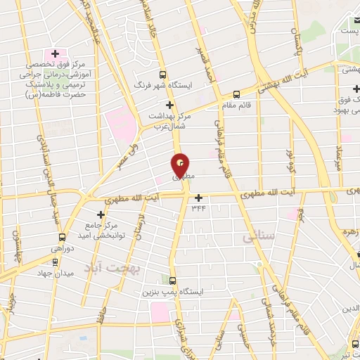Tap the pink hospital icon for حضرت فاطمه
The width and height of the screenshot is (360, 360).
click(x=52, y=53)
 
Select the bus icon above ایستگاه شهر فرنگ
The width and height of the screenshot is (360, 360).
click(x=163, y=74)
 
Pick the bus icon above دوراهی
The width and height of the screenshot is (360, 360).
click(x=63, y=237)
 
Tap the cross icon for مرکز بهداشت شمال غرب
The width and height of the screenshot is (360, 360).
click(x=169, y=104)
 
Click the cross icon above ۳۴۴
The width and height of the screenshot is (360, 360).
click(x=199, y=198)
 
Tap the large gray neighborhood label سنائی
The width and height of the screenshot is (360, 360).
click(x=259, y=238)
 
